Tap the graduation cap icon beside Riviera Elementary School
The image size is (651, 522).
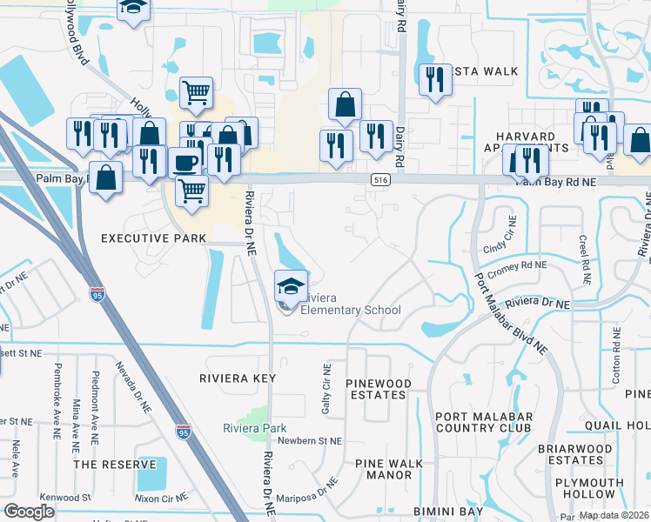click(x=292, y=284)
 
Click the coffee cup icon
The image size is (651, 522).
click(x=184, y=163)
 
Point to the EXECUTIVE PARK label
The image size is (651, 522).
click(x=154, y=238)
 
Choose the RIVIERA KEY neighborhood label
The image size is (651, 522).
click(x=238, y=378)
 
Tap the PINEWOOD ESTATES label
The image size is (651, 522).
click(x=376, y=389)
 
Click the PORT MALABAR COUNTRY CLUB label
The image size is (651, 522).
click(x=483, y=421)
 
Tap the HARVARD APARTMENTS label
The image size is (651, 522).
click(x=526, y=143)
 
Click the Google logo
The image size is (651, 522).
click(x=29, y=512)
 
